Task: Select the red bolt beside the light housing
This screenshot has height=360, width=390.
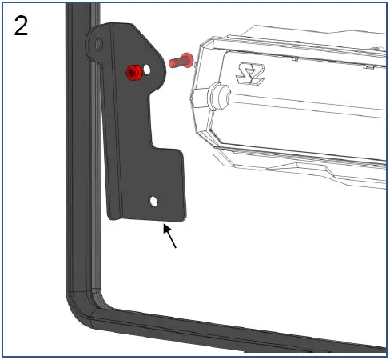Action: pos(181,58)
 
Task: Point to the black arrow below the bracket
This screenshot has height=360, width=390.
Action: pos(169,237)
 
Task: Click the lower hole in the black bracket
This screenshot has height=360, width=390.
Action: pos(154,200)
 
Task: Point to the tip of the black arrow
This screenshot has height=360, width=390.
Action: pos(164,227)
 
